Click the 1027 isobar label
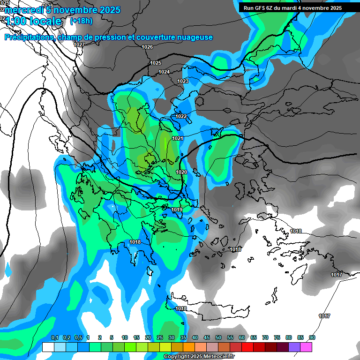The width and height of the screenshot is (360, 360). point(79,45)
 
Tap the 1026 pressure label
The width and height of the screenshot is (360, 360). point(147,47)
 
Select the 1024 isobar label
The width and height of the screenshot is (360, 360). point(164,72)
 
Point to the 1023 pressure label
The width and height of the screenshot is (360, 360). point(183,81)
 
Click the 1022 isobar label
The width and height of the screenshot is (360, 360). point(181,116)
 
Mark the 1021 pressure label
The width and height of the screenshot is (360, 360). point(177,138)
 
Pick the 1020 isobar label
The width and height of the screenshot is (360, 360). point(181,172)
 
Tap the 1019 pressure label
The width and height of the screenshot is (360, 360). point(177,210)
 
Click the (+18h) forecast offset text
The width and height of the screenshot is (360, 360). point(81,21)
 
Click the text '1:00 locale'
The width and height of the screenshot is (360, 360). point(34,22)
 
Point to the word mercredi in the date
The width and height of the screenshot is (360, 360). point(23,10)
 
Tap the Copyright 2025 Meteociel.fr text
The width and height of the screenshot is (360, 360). point(200,357)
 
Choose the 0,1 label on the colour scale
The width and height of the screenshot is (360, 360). point(55,338)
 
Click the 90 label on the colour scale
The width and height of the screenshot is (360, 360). point(312,338)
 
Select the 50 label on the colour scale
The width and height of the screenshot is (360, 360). point(218,338)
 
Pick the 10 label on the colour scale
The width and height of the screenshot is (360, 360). point(125,338)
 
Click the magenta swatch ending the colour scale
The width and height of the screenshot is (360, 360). point(306,347)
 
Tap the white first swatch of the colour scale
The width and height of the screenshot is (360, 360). point(48,347)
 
